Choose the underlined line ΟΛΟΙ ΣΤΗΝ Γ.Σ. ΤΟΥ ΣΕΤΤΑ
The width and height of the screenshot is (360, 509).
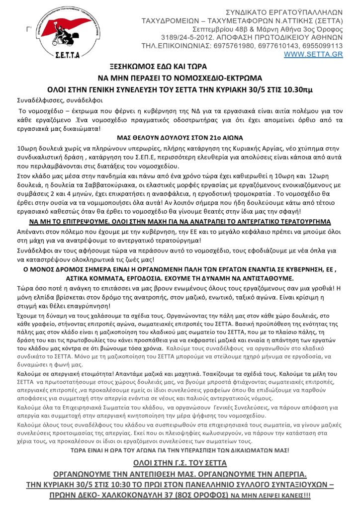180,463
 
